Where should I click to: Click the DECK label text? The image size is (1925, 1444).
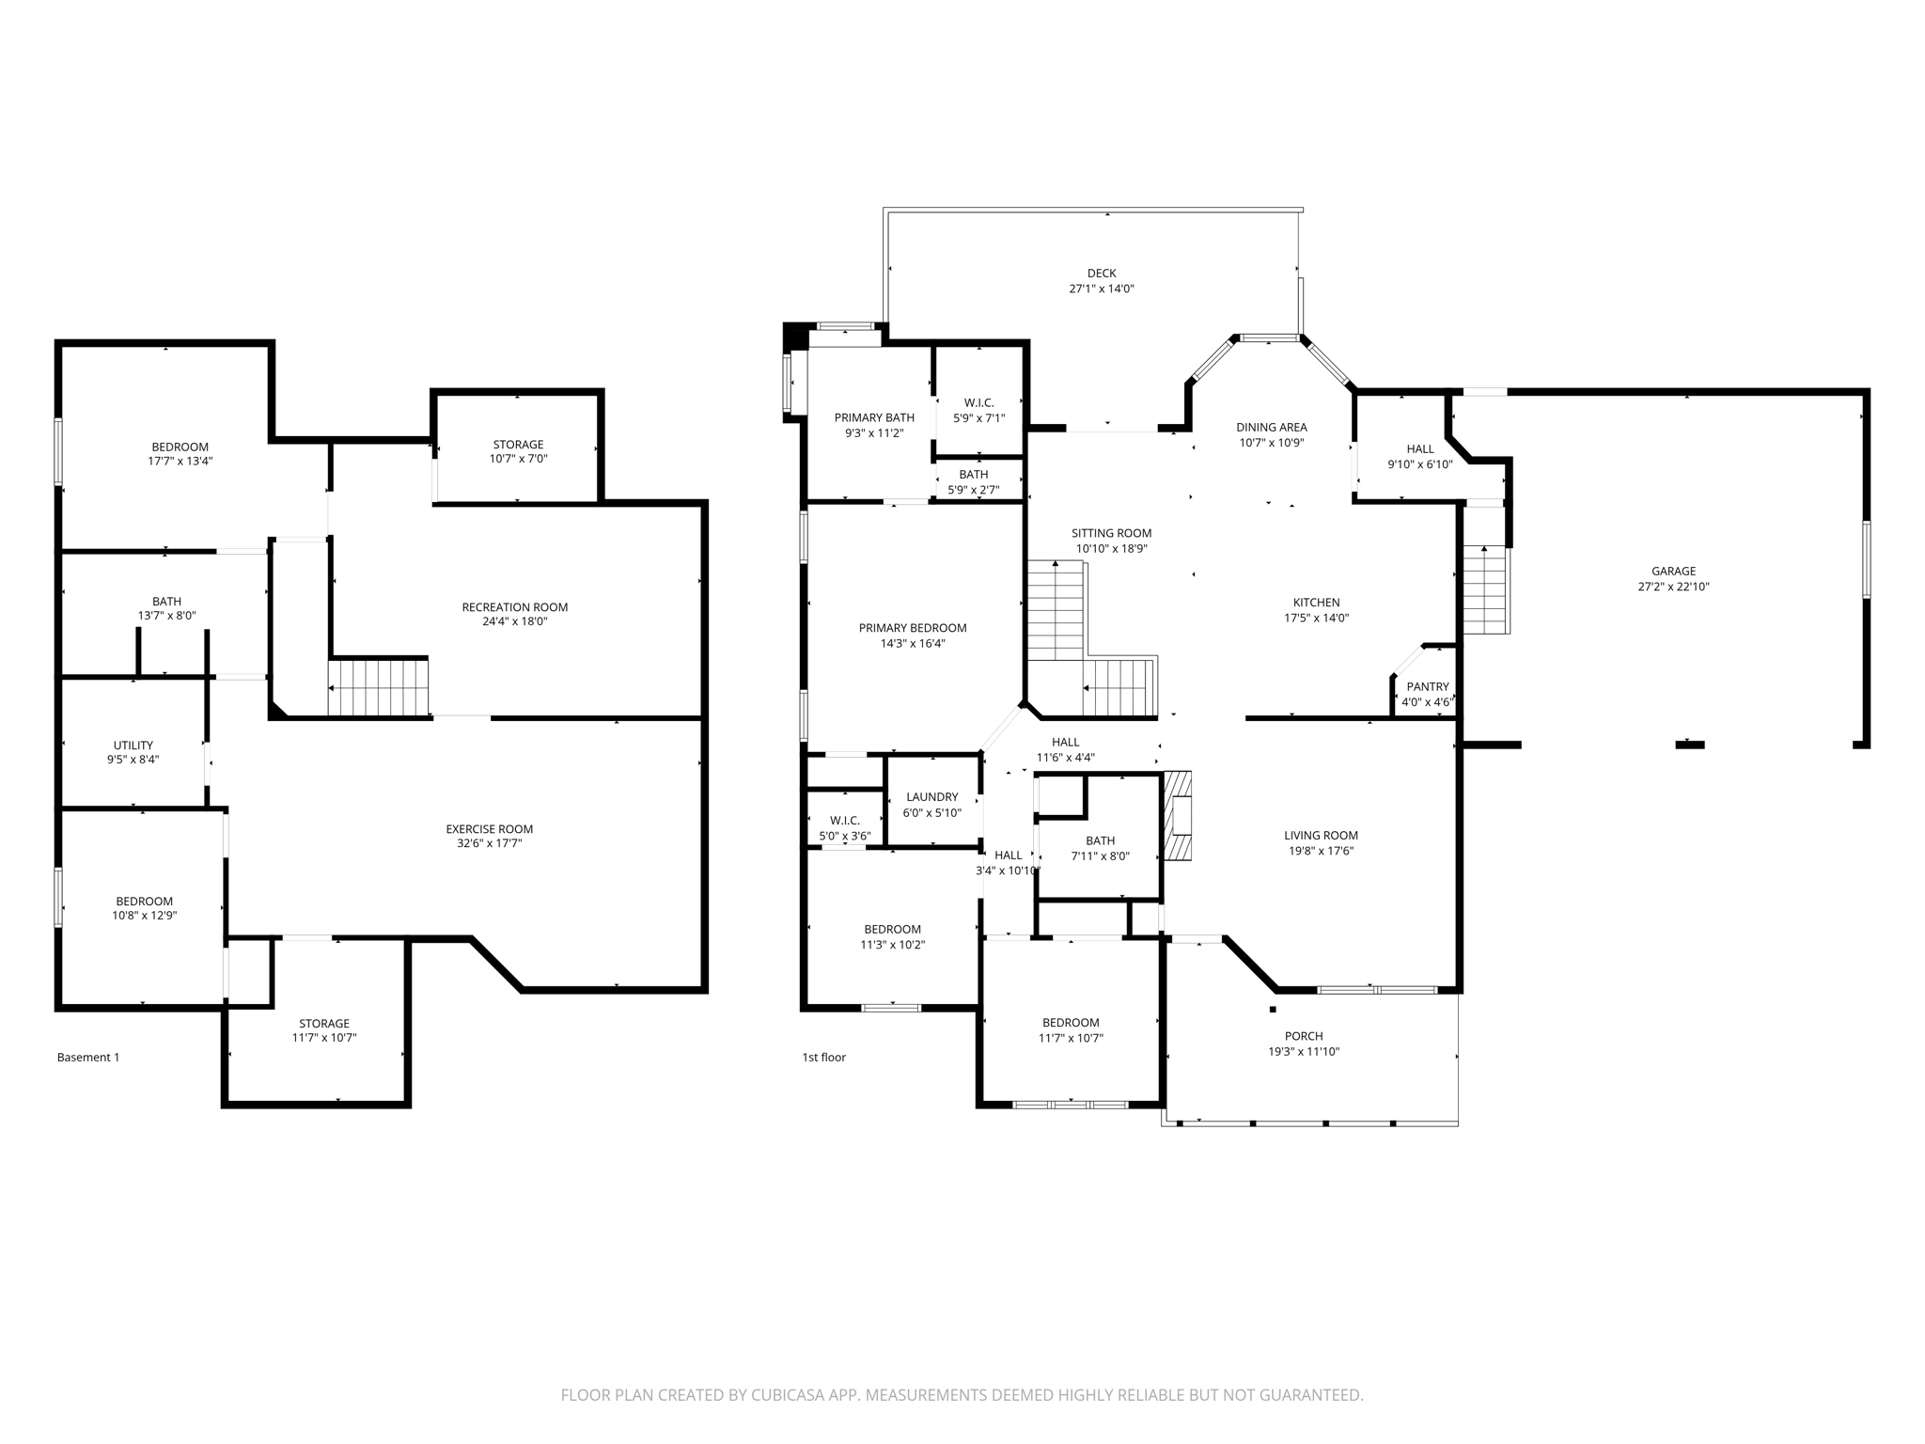coord(1101,274)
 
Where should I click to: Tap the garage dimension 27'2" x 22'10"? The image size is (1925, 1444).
coord(1673,587)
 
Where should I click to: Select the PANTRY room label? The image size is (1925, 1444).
coord(1427,687)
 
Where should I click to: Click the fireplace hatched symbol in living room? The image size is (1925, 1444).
coord(1178,816)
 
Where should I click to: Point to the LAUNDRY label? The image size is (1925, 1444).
coord(931,797)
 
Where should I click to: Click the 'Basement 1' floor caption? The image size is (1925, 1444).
coord(88,1058)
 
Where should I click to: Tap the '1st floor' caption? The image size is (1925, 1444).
coord(823,1058)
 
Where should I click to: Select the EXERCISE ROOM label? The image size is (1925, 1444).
coord(489,829)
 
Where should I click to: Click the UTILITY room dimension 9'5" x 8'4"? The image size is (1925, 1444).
coord(133,760)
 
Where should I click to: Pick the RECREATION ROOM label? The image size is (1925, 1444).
coord(514,607)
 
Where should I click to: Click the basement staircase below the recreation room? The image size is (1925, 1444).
coord(378,687)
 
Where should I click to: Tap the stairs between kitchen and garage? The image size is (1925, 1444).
coord(1485,590)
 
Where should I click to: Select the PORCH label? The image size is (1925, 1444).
coord(1303,1036)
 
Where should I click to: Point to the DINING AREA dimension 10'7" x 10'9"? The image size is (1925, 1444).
coord(1271,443)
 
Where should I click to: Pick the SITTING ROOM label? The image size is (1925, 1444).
coord(1111,533)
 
